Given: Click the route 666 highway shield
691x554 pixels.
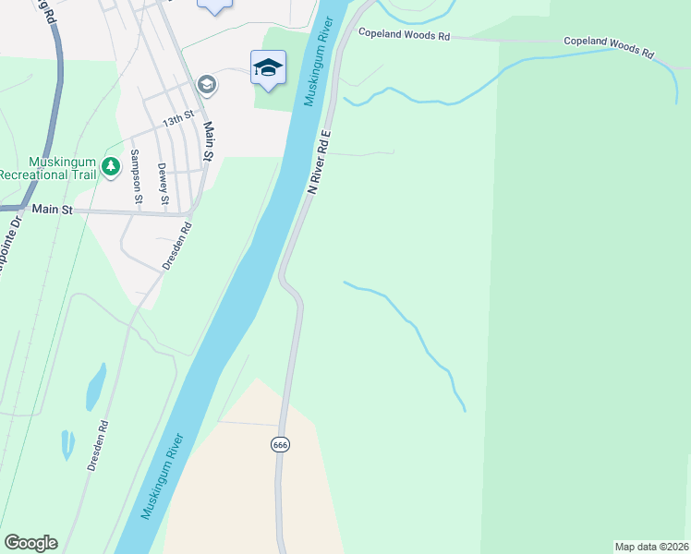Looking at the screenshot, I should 280,444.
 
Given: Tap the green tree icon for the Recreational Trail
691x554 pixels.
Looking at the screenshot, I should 111,166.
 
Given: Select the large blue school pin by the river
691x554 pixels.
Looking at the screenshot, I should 268,67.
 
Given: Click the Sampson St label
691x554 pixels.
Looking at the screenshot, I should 136,176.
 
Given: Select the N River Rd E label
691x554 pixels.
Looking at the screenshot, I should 319,160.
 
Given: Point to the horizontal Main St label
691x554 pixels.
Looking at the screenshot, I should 52,210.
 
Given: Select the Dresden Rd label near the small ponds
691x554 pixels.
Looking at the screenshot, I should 98,446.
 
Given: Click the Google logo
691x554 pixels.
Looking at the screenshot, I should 30,543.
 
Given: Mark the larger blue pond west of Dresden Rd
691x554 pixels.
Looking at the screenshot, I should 96,386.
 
